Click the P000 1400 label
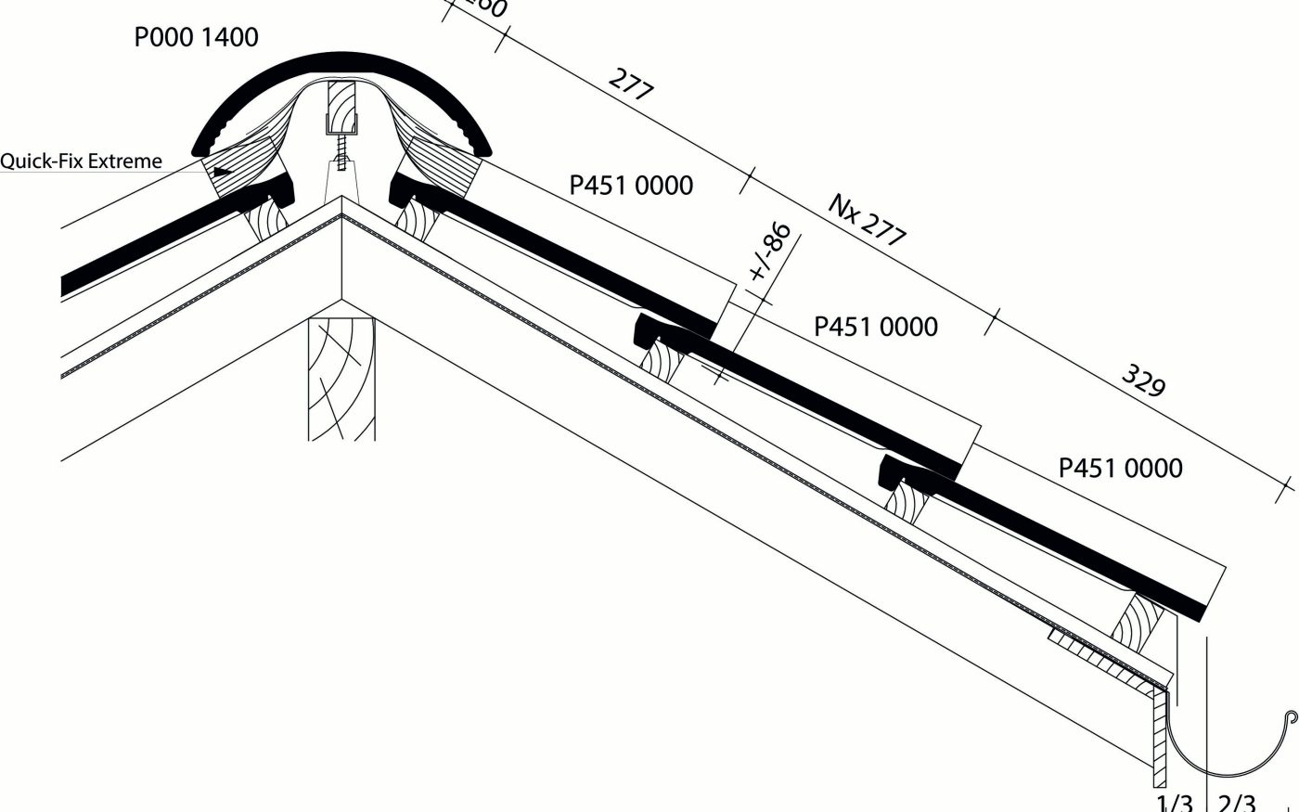coord(197,38)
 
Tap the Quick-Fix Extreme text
coord(81,161)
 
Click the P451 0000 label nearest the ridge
coord(631,186)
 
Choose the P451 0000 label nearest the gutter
coord(1120,468)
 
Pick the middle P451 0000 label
coord(875,327)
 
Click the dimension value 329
coord(1143,380)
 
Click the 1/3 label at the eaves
coord(1174,803)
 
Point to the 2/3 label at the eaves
coord(1236,803)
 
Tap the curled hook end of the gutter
coord(1290,717)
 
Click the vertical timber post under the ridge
coord(341,380)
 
